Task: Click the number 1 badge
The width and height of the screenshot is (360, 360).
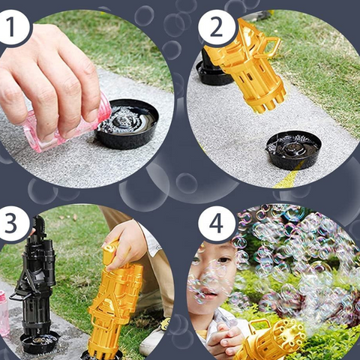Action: pos(13,28)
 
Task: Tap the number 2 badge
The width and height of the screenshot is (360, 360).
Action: pos(215,28)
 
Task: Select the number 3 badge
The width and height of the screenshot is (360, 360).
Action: pos(13,223)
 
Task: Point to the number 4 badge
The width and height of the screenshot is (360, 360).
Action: pos(215,223)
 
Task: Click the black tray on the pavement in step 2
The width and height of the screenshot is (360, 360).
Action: pos(293,149)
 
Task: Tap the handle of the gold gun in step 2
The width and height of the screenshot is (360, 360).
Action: pos(269,46)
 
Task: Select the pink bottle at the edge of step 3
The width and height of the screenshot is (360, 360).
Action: pos(4,312)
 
